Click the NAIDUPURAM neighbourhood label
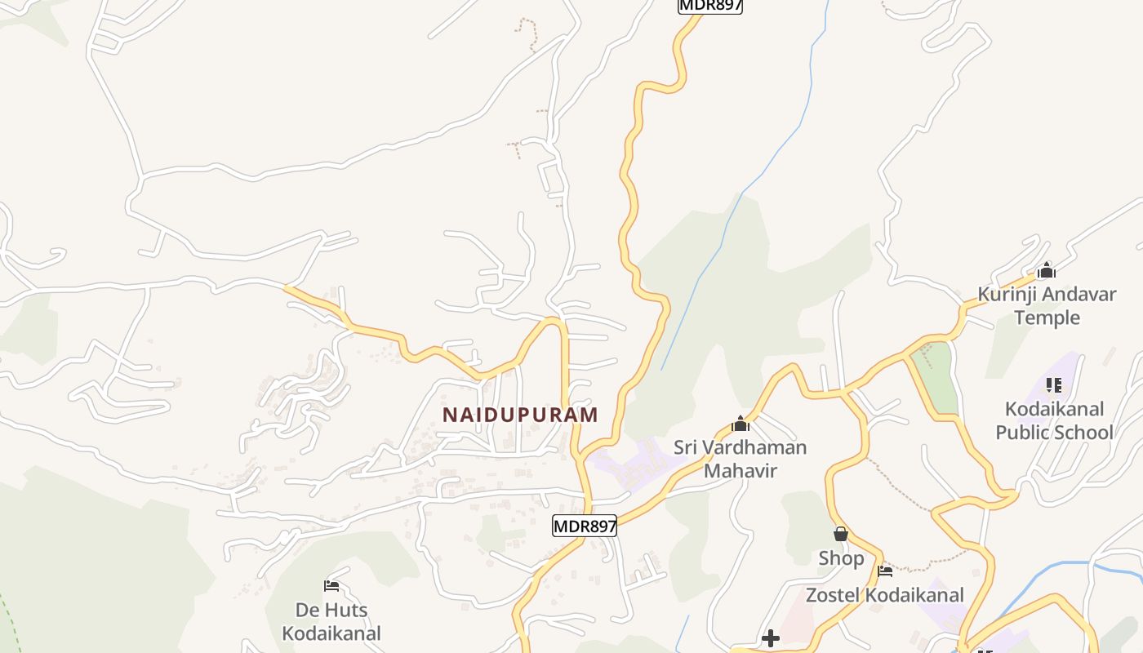520,415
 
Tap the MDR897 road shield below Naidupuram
585,526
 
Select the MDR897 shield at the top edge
710,5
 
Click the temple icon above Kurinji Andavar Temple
1047,270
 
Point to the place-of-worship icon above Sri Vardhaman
741,424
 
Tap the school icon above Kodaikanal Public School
1054,384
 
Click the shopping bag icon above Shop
841,535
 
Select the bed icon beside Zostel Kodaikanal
885,571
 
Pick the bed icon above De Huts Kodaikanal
331,586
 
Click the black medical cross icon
770,637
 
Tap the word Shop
841,558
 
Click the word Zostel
834,595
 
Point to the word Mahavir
740,471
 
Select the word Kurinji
1008,294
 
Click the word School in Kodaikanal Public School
1084,432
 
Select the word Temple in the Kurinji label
1047,318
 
